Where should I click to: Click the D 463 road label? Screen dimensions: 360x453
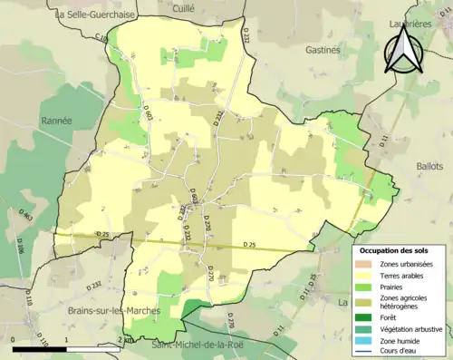click(x=27, y=218)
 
